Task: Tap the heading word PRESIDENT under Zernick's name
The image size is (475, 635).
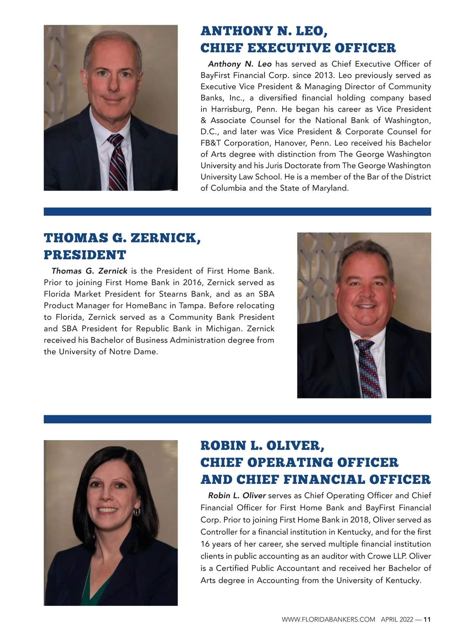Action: [85, 255]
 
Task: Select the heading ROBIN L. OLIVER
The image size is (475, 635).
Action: [262, 446]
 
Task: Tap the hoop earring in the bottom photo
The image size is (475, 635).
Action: [137, 512]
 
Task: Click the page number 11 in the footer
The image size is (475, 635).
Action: [427, 620]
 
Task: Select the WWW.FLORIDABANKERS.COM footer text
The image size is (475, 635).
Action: [328, 620]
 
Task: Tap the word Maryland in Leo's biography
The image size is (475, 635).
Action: [330, 188]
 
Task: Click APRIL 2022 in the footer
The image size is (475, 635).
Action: [397, 620]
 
